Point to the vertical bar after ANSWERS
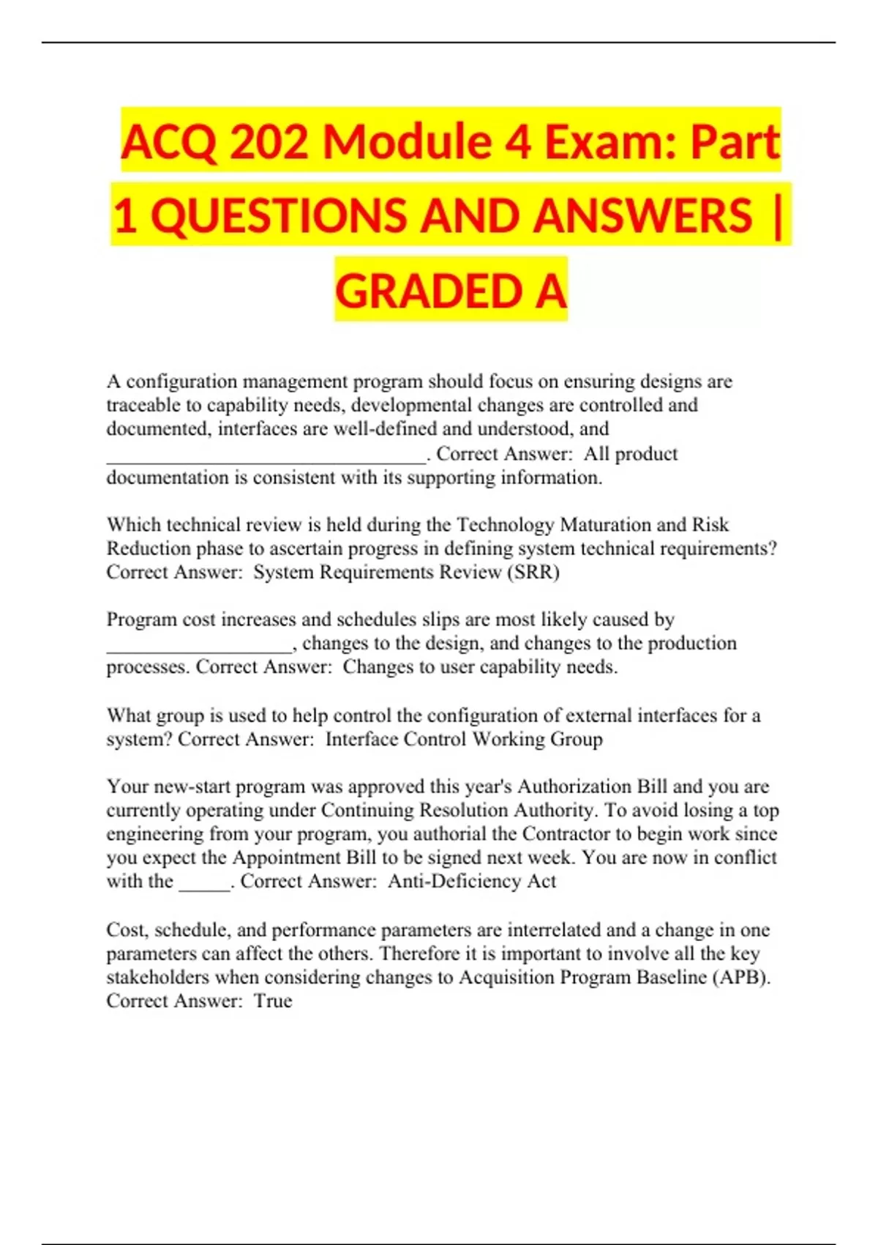point(776,216)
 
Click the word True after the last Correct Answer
point(273,1001)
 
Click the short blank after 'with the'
point(205,885)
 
